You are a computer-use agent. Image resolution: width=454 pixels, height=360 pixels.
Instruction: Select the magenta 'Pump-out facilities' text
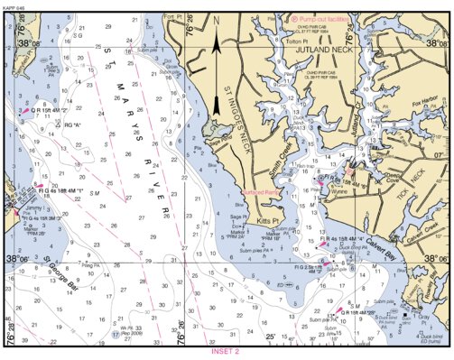pos(321,18)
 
